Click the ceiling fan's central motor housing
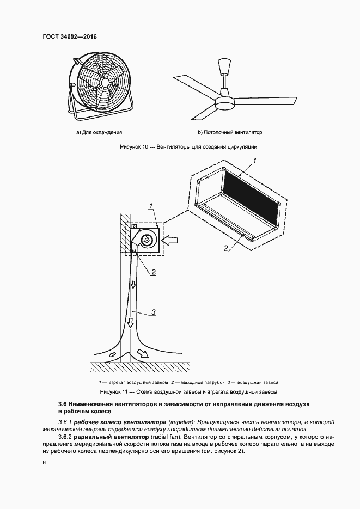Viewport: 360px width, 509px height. click(224, 102)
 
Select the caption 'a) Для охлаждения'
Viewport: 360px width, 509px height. click(99, 132)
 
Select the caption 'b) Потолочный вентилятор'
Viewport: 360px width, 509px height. click(230, 132)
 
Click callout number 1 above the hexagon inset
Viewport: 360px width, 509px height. click(255, 160)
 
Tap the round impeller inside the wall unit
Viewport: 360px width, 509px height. click(147, 240)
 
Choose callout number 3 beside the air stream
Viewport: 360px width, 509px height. click(154, 312)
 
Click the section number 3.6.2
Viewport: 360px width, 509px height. click(65, 437)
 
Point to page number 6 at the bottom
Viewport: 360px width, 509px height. click(44, 463)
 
